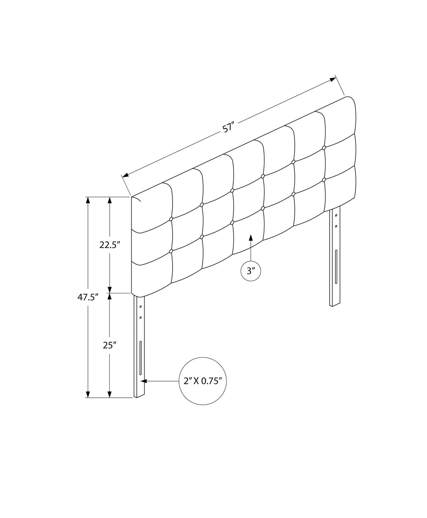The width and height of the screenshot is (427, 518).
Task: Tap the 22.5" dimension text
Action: pos(110,245)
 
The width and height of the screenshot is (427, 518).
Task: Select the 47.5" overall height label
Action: pos(88,297)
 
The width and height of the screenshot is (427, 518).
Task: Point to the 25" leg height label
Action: pos(110,345)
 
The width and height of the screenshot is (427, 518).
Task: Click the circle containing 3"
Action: pos(251,271)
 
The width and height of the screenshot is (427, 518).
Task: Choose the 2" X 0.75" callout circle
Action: pos(203,381)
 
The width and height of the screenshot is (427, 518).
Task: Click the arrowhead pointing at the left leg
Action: pos(144,381)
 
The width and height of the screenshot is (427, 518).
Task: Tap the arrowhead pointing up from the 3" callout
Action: pos(251,237)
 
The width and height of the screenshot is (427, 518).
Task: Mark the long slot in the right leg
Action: pos(336,267)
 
